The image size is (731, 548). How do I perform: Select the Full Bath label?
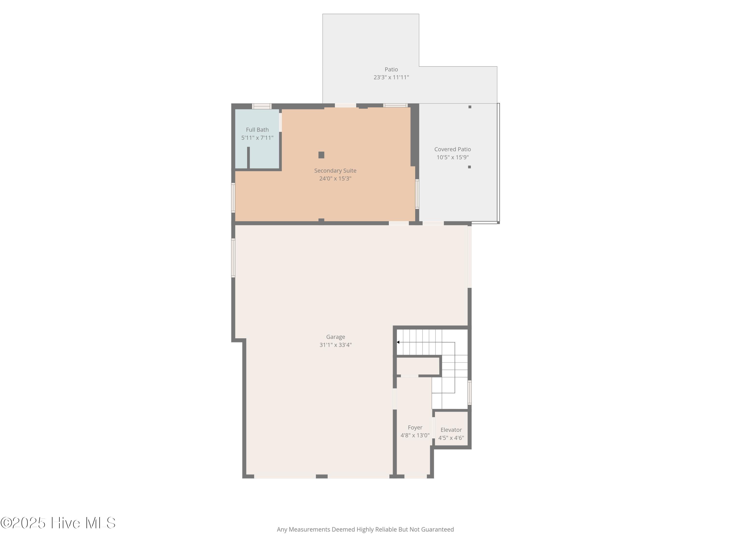click(x=257, y=130)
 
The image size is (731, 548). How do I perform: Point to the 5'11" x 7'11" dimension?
click(x=257, y=138)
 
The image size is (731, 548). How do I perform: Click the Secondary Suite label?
click(x=335, y=171)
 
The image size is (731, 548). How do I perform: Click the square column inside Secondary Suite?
click(x=321, y=155)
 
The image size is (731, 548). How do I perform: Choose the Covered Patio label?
click(x=452, y=149)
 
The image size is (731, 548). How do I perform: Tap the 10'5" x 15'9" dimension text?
click(x=452, y=157)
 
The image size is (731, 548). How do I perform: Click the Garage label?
click(x=336, y=337)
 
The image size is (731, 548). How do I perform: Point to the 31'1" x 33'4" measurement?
click(x=336, y=345)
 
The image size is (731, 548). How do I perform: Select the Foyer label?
click(x=415, y=427)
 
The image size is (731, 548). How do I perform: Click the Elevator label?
click(x=451, y=430)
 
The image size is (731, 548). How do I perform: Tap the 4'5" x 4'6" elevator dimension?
click(x=451, y=438)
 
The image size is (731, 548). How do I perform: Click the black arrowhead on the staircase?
click(x=398, y=342)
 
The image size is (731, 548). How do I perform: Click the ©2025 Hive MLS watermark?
click(x=58, y=523)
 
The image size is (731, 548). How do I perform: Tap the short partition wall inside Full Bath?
click(x=248, y=158)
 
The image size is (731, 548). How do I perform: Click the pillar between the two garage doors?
click(x=322, y=476)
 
